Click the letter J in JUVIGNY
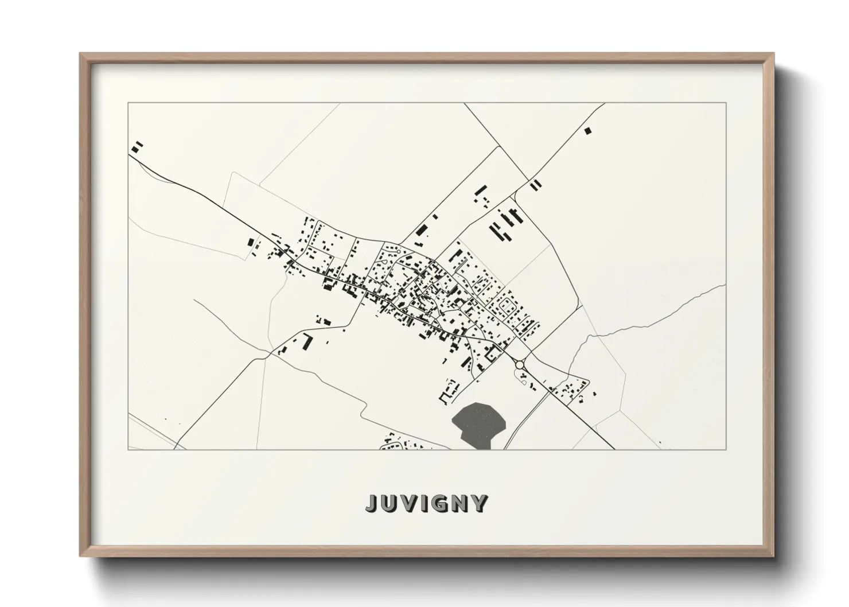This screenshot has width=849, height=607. [372, 503]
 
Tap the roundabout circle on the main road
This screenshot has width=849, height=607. [520, 364]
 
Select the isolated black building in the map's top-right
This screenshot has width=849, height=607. [587, 131]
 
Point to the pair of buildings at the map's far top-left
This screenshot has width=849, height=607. [137, 147]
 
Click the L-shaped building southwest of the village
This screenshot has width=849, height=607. [307, 342]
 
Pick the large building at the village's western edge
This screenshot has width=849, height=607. [251, 243]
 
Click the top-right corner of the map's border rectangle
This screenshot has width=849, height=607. [726, 103]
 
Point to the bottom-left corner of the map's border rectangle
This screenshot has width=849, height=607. [128, 449]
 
